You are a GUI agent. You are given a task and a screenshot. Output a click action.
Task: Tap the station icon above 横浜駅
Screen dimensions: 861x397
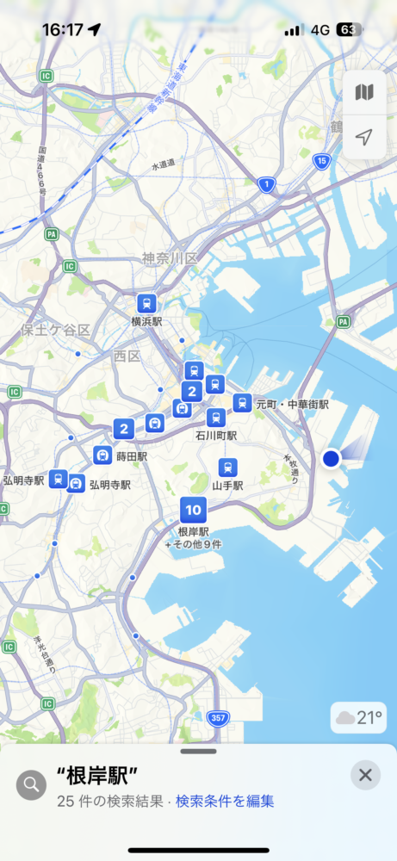[x=147, y=303]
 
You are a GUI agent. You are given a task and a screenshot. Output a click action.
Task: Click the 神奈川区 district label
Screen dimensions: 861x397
[x=170, y=258]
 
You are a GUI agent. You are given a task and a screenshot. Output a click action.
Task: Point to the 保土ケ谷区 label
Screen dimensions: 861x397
[x=56, y=330]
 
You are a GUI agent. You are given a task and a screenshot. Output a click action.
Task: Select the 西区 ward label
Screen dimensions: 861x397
[x=127, y=355]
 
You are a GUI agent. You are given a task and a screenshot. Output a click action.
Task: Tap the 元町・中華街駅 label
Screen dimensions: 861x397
[x=292, y=404]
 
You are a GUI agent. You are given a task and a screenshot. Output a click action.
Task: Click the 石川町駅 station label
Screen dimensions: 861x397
[x=216, y=436]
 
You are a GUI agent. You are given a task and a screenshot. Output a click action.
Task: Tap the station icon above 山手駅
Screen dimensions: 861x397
[x=227, y=468]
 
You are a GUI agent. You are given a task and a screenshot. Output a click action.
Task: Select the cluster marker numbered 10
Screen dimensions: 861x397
[x=193, y=511]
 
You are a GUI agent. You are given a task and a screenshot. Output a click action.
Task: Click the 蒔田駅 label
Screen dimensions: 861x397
[x=132, y=456]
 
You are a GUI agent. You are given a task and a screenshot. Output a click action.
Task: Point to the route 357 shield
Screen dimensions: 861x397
[x=219, y=717]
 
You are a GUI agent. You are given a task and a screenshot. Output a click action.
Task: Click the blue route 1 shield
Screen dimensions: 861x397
[x=268, y=184]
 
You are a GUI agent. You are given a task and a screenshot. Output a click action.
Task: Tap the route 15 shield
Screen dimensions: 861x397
[x=321, y=161]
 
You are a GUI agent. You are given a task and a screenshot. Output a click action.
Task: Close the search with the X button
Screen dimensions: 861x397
[x=365, y=775]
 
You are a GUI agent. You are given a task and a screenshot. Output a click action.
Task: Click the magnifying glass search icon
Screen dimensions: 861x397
[x=32, y=784]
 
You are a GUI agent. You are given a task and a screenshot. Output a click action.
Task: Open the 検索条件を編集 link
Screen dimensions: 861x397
[x=225, y=801]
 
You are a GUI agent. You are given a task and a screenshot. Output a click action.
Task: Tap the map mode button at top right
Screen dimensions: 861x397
[x=364, y=92]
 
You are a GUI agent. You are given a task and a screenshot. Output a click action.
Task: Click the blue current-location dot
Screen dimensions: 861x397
[x=331, y=459]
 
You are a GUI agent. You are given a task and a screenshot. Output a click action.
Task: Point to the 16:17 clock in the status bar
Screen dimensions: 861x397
[x=62, y=30]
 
